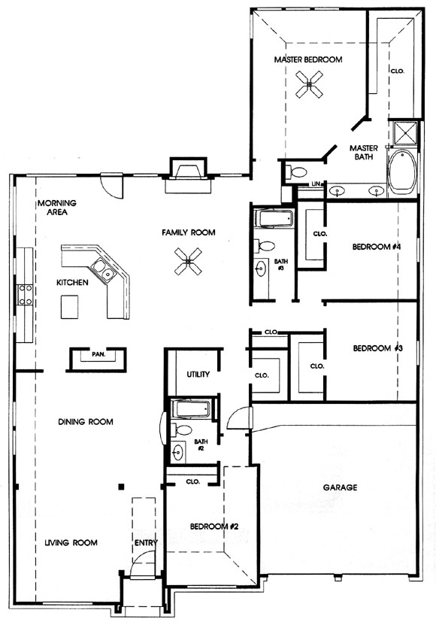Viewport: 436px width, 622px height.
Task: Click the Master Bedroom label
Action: coord(308,59)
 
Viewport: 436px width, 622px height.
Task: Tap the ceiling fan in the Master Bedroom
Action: coord(309,84)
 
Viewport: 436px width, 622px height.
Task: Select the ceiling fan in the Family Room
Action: coord(188,262)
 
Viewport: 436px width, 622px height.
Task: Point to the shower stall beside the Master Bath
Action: coord(403,133)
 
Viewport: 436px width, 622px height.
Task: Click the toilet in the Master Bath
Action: coord(295,172)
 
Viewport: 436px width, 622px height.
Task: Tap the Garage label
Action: coord(340,487)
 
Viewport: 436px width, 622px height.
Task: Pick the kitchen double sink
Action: coord(103,269)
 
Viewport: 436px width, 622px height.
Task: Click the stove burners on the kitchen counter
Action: coord(26,296)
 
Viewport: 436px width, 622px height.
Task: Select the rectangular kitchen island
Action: coord(69,306)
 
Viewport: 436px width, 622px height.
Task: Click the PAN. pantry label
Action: coord(98,354)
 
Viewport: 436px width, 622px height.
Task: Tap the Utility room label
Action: coord(198,374)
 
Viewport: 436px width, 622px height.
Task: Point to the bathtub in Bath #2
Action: coord(191,408)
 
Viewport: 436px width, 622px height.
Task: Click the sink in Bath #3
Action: coord(261,269)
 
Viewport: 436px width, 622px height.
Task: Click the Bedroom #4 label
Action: coord(377,247)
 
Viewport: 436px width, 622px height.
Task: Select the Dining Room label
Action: coord(86,422)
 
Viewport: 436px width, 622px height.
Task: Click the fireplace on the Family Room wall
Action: coord(188,175)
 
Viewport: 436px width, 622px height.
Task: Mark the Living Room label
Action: coord(71,542)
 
